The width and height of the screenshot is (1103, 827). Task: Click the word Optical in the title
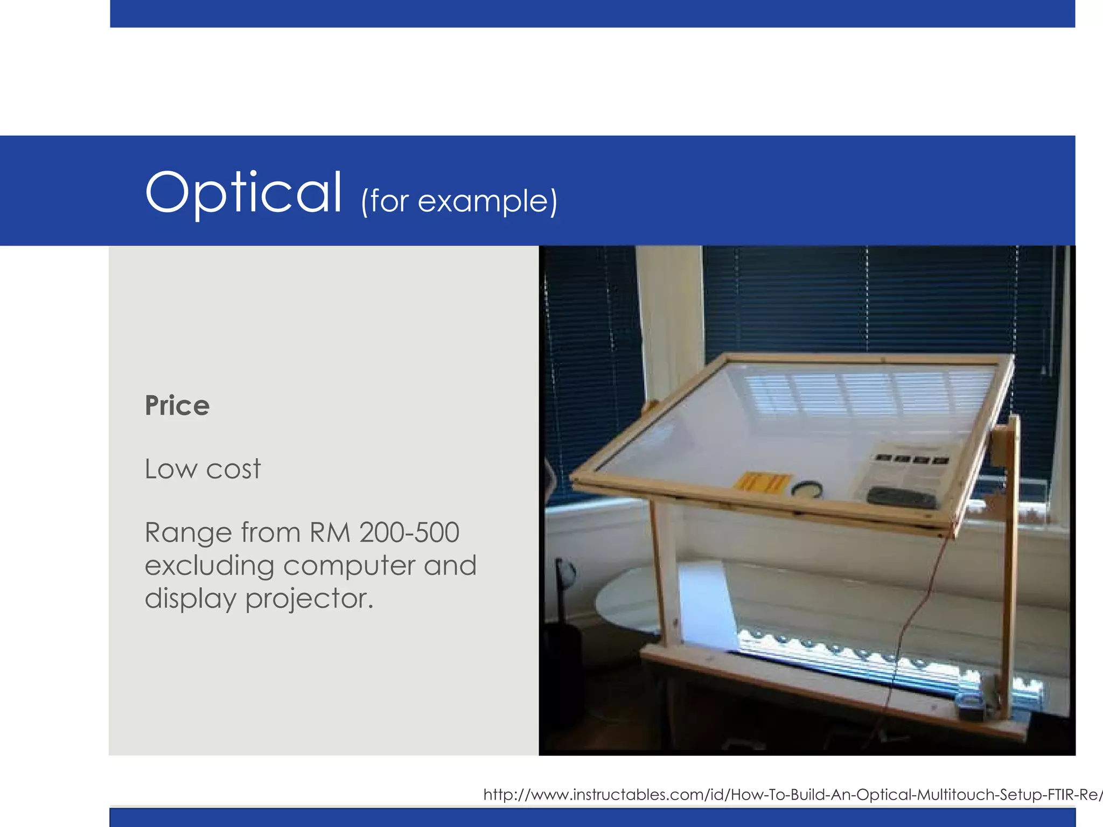(x=243, y=193)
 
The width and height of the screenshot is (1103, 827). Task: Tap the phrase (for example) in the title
(x=459, y=201)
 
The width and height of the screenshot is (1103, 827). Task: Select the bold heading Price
(x=177, y=405)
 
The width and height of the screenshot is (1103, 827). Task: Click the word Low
(x=171, y=468)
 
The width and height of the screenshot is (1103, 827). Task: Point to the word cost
(x=233, y=469)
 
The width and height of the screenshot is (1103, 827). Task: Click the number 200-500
(x=409, y=532)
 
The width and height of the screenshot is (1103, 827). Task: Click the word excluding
(x=209, y=566)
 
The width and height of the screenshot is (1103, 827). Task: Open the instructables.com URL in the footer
(x=792, y=795)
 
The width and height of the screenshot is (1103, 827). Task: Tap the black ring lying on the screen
(x=807, y=489)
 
